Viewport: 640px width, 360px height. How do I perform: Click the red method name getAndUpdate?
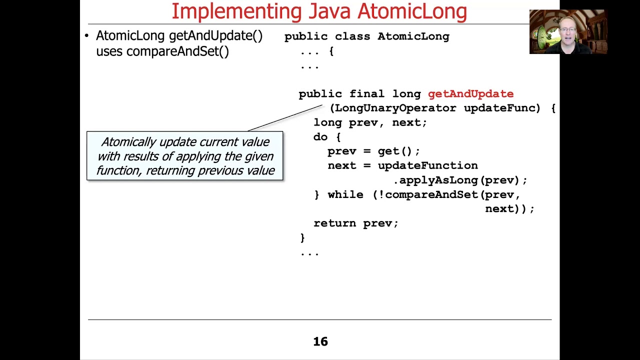(470, 94)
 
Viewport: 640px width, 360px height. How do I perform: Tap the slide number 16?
(320, 342)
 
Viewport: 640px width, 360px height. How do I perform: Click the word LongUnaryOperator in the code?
(395, 108)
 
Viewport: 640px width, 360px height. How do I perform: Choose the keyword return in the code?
(334, 223)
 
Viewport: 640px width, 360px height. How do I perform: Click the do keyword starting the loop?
(320, 137)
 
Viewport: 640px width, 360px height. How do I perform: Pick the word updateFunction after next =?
(427, 165)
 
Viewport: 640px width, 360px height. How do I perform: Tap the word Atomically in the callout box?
(128, 142)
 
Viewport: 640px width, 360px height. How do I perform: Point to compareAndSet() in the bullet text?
(177, 51)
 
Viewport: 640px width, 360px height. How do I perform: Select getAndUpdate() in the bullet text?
(215, 36)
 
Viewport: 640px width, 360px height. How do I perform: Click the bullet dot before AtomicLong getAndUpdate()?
(86, 35)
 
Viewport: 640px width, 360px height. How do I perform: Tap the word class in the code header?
(352, 36)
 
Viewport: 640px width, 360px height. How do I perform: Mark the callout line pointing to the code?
(285, 118)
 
